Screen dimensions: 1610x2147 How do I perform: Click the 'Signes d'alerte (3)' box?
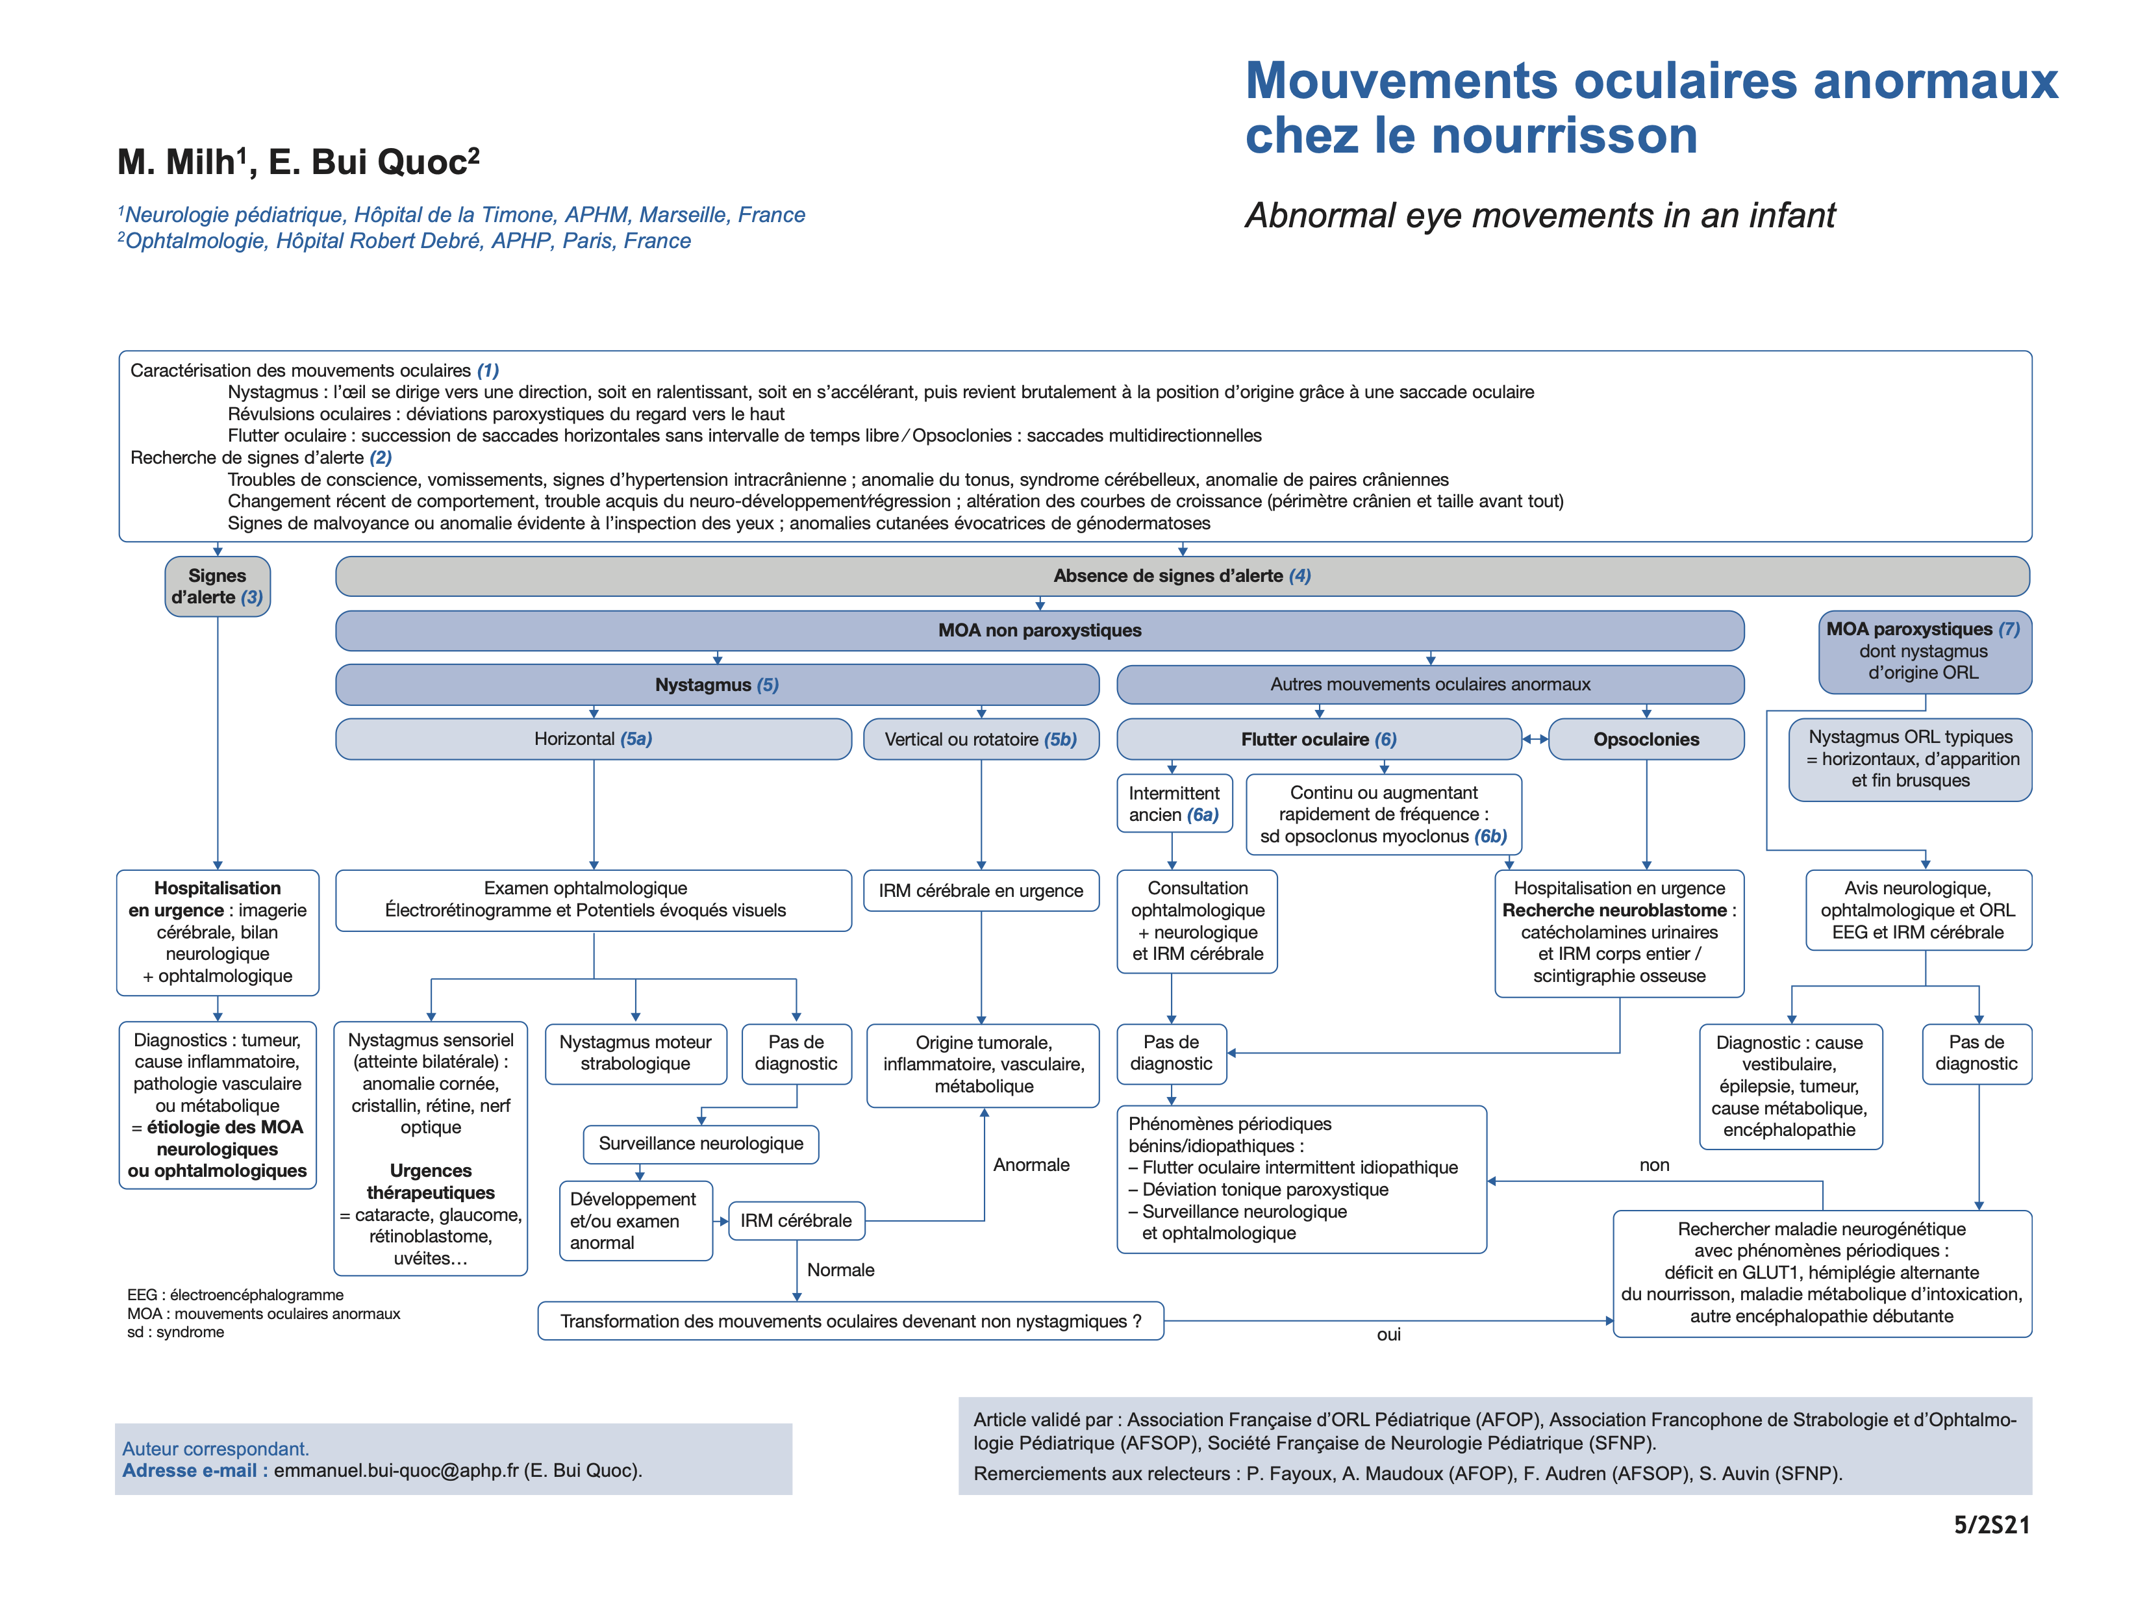(x=218, y=586)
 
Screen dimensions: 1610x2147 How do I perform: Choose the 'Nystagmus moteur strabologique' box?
(x=636, y=1053)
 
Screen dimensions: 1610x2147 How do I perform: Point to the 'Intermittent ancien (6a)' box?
(x=1174, y=803)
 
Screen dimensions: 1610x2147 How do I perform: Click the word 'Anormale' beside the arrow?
(x=1031, y=1164)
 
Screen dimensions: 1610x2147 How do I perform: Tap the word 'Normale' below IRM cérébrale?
(x=840, y=1270)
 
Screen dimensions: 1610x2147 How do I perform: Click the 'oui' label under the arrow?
(x=1388, y=1335)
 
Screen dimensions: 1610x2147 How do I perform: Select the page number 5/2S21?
(x=1990, y=1525)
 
